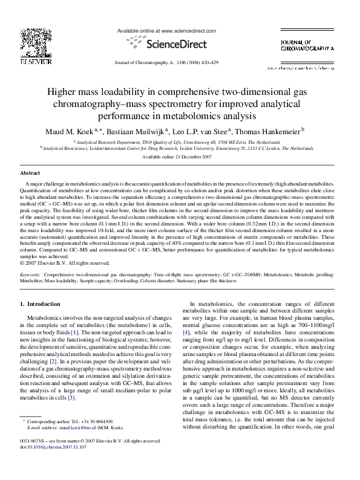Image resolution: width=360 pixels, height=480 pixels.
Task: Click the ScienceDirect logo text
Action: point(175,44)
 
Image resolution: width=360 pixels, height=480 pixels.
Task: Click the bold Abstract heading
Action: point(30,173)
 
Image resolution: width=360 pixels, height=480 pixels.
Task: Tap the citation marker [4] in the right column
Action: point(186,332)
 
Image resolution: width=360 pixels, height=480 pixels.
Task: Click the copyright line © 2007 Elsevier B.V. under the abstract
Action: point(56,263)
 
